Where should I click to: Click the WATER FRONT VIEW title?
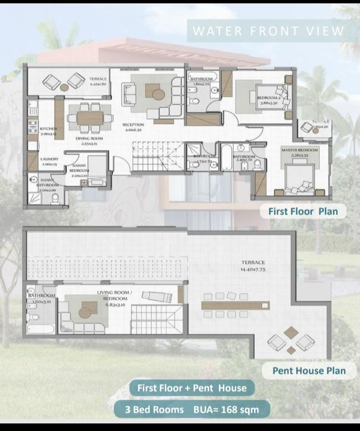268,31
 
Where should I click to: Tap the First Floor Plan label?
303,211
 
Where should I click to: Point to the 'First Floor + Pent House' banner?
191,388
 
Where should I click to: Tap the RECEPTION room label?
133,127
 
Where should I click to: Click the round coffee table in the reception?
158,94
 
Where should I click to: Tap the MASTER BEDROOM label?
299,150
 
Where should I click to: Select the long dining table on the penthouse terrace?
234,305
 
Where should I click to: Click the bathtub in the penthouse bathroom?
41,329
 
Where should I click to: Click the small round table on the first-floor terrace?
63,86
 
